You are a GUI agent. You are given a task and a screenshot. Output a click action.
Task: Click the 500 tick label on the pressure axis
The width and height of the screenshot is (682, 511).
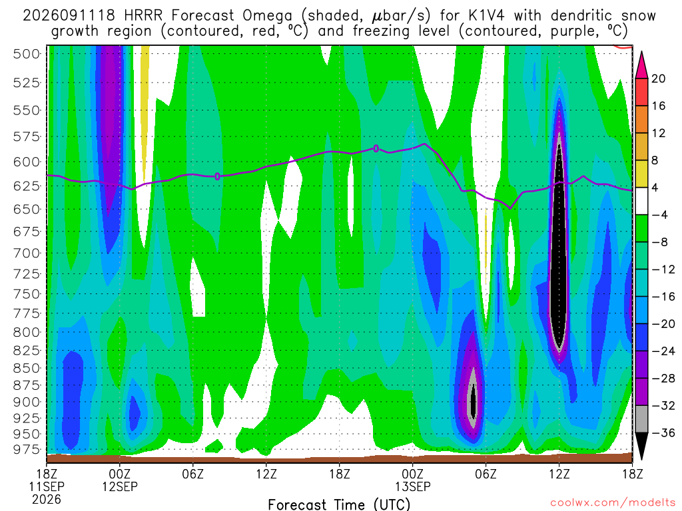point(27,55)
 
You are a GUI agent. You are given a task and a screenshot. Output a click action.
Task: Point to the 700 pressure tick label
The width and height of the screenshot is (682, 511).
point(27,253)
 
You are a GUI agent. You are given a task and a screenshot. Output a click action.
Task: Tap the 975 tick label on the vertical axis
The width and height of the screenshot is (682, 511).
point(27,449)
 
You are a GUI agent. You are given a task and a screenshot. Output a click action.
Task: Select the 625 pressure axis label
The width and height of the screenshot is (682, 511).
point(27,186)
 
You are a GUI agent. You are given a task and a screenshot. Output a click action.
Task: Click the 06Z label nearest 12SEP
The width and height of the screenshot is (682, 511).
point(192,474)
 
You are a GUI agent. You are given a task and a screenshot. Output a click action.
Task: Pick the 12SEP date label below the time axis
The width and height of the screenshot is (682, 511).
point(120,486)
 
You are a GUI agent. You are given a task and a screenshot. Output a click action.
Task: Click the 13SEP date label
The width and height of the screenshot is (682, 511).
point(413,486)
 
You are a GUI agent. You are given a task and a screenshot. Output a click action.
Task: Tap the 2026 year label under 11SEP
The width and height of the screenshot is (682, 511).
point(47,500)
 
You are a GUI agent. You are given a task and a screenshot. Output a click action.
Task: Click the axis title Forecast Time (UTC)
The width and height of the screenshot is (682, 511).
point(339,504)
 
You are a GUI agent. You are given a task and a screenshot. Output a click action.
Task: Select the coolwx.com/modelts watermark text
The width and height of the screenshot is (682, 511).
point(613,503)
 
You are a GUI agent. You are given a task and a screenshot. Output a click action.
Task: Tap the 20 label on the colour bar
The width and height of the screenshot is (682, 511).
point(658,79)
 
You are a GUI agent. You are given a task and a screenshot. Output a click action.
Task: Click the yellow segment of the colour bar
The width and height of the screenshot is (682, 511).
point(641,174)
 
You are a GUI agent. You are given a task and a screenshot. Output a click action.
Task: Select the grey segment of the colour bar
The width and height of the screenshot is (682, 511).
point(641,419)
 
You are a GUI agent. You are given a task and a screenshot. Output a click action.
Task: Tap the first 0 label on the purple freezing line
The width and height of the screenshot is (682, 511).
point(218,176)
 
